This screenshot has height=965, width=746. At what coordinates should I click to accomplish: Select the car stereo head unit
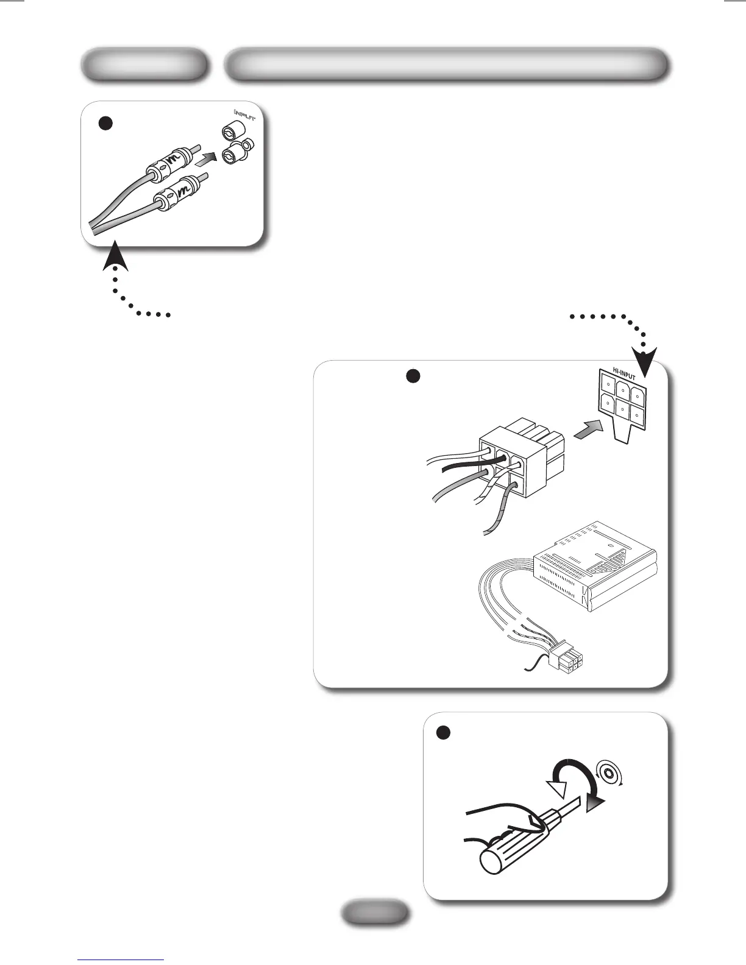(594, 567)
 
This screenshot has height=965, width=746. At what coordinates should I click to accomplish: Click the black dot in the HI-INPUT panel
(413, 376)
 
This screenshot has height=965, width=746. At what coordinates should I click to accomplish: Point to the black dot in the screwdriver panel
(444, 732)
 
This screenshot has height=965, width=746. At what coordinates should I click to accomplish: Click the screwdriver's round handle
(500, 853)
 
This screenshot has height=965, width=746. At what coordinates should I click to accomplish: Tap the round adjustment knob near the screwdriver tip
(608, 774)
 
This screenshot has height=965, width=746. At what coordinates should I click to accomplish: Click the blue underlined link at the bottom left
(121, 959)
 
